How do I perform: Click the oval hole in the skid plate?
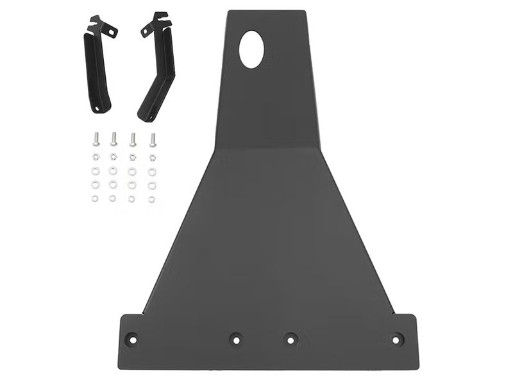coord(251,49)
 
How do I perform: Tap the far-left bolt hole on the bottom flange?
coord(131,338)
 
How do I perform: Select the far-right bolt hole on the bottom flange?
coord(397,338)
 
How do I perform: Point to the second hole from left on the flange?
coord(235,338)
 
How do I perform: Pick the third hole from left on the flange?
coord(290,338)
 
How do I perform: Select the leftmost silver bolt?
coord(96,139)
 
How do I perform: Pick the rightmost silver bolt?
coord(153,139)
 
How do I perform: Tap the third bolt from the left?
coord(133,139)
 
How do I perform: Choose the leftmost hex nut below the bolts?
coord(96,157)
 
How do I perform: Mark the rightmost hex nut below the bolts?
coord(153,157)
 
